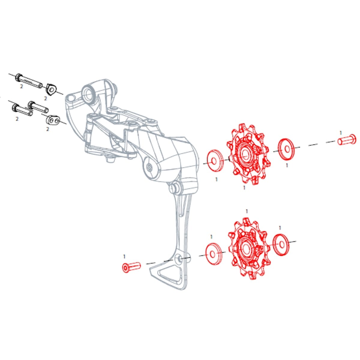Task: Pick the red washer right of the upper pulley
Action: tap(286, 149)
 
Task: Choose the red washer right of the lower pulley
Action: tap(280, 244)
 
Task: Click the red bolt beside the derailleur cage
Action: tap(132, 266)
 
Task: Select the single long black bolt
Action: tap(28, 80)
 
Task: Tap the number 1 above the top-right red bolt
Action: tap(340, 132)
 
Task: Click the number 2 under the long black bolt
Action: tap(21, 86)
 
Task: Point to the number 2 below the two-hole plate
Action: tap(47, 129)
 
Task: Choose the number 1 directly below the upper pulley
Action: tap(244, 188)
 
